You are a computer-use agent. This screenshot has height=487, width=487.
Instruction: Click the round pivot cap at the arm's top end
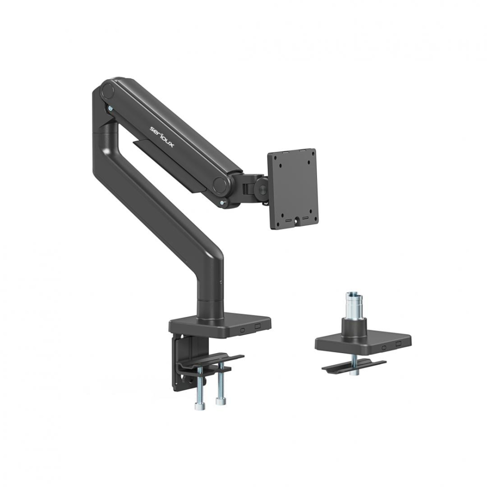coord(108,91)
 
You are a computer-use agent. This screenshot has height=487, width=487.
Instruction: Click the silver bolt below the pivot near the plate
coord(223,203)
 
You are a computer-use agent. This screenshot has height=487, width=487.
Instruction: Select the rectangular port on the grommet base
coord(398,344)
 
